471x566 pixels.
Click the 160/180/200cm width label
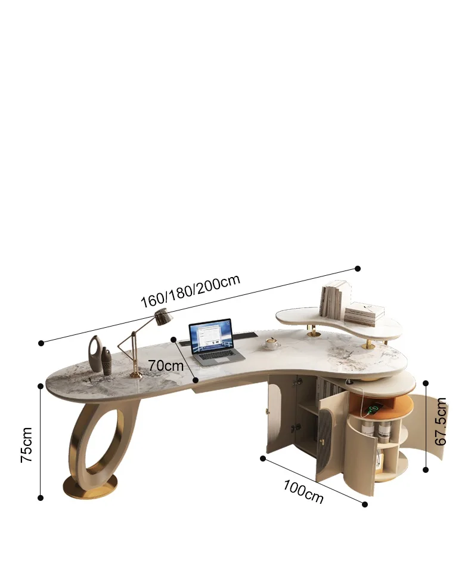(190, 291)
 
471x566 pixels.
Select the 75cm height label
(27, 445)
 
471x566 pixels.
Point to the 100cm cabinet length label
(303, 490)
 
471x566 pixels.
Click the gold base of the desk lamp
(136, 375)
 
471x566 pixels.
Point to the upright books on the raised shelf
(333, 301)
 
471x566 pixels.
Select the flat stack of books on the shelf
(364, 313)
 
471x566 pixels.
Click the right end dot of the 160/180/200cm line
(358, 269)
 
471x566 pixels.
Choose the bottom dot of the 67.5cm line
(426, 470)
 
